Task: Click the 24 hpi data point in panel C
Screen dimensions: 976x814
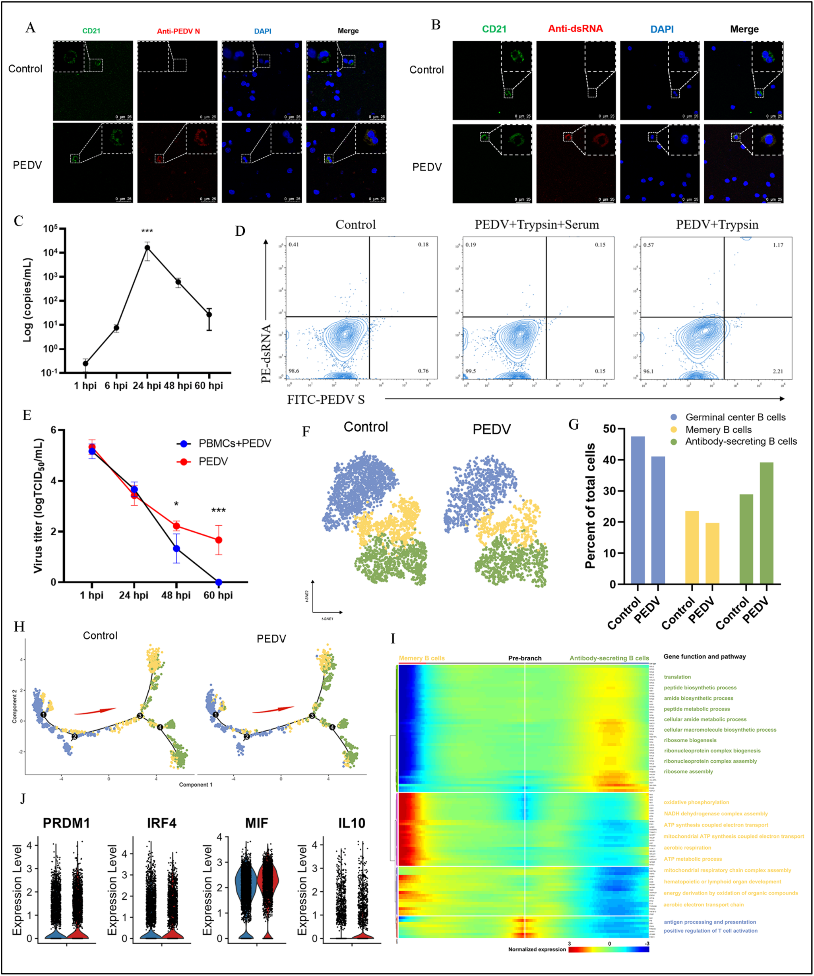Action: [x=147, y=247]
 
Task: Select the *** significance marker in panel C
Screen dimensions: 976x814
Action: [x=147, y=231]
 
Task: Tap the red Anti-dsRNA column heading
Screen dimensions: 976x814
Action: [x=575, y=29]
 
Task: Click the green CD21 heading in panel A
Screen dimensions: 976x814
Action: [x=91, y=31]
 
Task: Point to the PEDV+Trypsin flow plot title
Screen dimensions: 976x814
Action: [x=717, y=225]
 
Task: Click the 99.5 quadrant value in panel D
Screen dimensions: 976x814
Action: [x=471, y=371]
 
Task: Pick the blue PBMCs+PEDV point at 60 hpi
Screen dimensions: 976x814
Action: [x=219, y=582]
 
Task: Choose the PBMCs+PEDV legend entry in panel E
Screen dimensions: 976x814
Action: [x=234, y=443]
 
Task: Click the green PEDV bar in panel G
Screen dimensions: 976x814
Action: [x=766, y=523]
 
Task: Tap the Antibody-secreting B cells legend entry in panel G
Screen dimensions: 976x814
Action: [x=740, y=442]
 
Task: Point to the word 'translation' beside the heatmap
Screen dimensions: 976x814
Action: [x=677, y=677]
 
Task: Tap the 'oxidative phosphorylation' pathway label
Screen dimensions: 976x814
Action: [x=696, y=802]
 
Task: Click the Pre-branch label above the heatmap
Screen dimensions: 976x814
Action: [x=524, y=658]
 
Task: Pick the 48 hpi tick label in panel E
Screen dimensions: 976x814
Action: [x=176, y=595]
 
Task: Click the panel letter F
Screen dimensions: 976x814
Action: [x=306, y=432]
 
